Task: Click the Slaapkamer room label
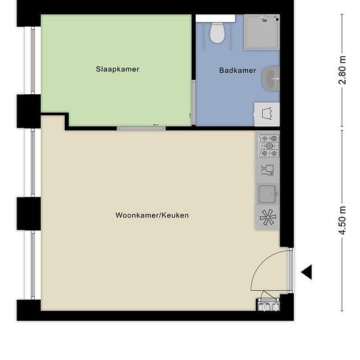coord(117,69)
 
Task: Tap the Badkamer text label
coord(238,70)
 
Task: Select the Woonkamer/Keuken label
coord(152,215)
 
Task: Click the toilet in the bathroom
coord(217,32)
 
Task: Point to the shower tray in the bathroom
coord(262,32)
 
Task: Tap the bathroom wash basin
coord(271,79)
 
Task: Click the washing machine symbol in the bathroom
coord(267,114)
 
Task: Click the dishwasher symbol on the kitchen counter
coord(268,170)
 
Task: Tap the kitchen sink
coord(267,194)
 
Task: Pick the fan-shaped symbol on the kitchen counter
coord(268,217)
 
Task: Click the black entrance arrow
coord(306,272)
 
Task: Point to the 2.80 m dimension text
coord(342,70)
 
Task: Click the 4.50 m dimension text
coord(342,221)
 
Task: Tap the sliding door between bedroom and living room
coord(141,128)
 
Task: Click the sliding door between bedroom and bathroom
coord(193,103)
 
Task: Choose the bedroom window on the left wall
coord(33,61)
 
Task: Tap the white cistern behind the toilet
coord(215,18)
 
